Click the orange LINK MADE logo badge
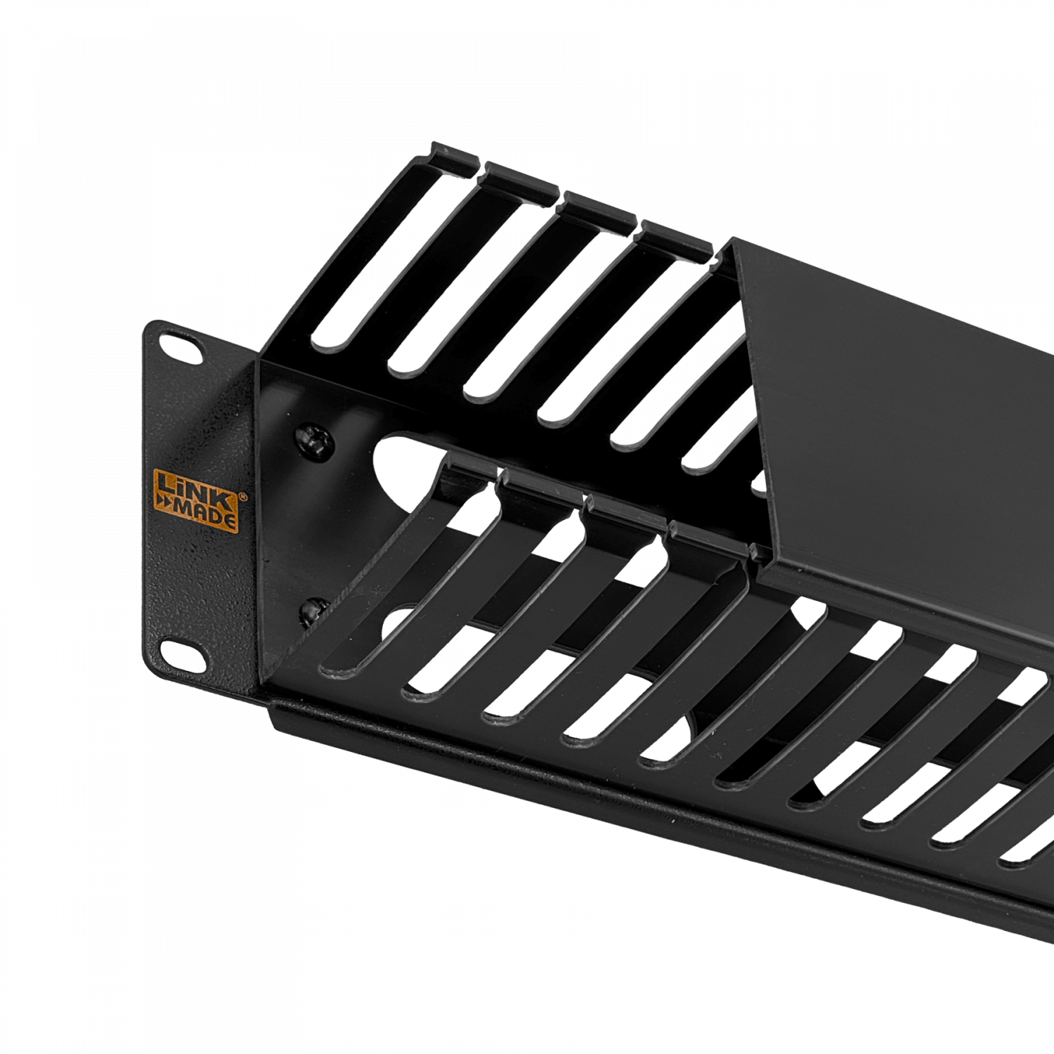pos(196,500)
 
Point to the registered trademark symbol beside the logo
pos(242,496)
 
